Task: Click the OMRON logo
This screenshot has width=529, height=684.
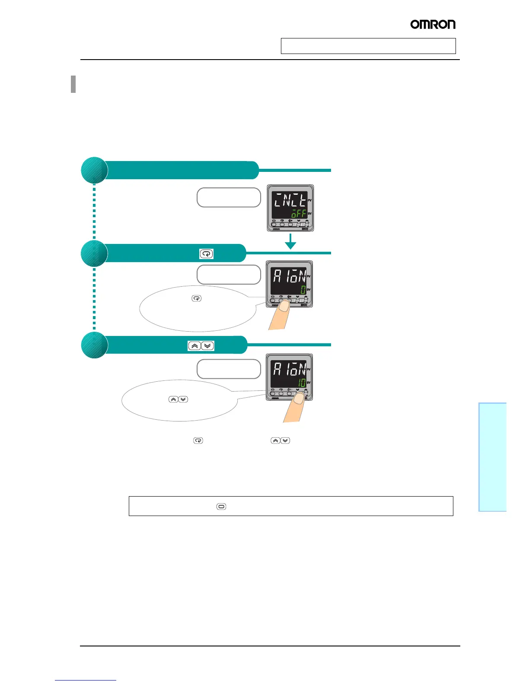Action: coord(433,24)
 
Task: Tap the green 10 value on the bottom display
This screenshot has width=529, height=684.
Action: coord(302,382)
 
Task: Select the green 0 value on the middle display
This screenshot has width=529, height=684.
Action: coord(303,289)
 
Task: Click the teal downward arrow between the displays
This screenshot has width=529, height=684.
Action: coord(290,242)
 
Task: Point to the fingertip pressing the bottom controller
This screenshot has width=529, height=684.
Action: coord(299,399)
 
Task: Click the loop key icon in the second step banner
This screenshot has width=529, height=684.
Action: coord(206,254)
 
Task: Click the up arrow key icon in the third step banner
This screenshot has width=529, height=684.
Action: coord(194,346)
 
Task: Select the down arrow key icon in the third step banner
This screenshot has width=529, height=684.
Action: coord(207,346)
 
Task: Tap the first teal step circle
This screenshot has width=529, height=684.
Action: coord(94,170)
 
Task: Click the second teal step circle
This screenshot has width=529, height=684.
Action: coord(94,253)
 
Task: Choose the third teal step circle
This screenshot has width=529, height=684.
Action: coord(94,345)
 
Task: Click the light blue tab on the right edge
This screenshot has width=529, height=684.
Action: coord(492,457)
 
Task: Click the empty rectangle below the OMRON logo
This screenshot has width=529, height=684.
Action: coord(368,46)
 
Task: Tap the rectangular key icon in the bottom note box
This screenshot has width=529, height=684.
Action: coord(221,507)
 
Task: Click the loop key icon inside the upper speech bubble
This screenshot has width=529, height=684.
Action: coord(196,298)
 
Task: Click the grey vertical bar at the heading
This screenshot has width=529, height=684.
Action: coord(73,84)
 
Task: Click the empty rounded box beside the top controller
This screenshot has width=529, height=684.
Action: coord(229,197)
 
